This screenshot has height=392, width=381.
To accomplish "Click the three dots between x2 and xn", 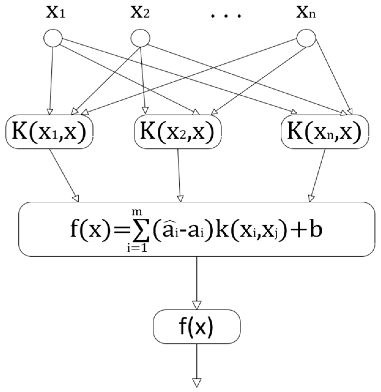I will pyautogui.click(x=226, y=16).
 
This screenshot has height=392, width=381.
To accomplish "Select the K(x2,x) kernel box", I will pyautogui.click(x=178, y=131).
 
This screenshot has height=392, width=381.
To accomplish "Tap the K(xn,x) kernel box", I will pyautogui.click(x=325, y=131).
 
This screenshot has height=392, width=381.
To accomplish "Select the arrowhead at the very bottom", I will pyautogui.click(x=197, y=383).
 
